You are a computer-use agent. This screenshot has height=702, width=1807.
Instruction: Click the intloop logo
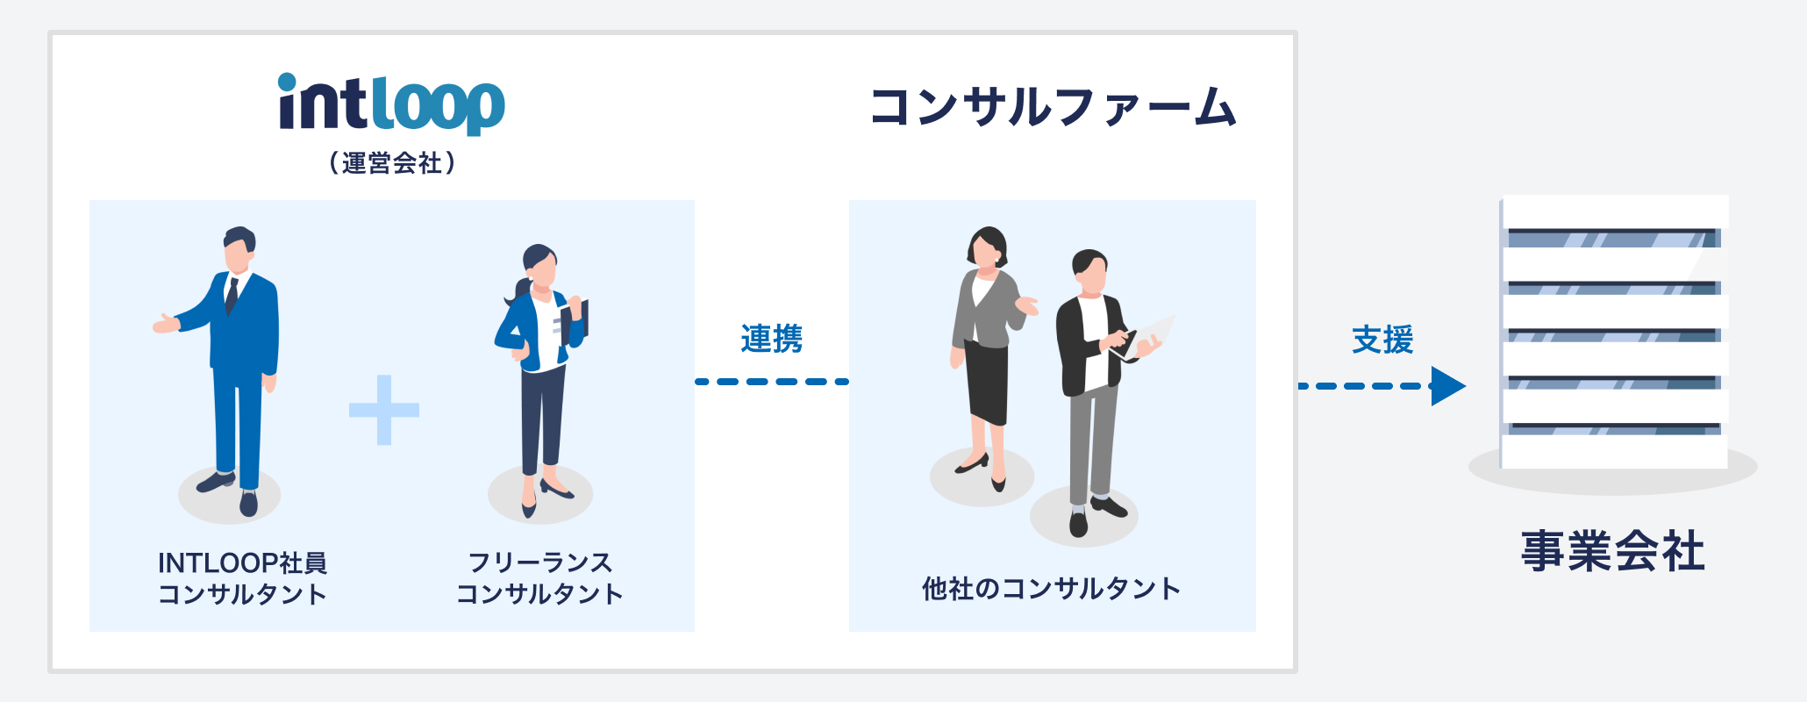click(391, 104)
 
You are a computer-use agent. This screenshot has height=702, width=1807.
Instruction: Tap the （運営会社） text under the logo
click(392, 163)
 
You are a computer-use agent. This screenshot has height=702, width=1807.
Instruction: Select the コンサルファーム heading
click(1053, 107)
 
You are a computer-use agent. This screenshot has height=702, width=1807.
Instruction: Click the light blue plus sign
click(384, 410)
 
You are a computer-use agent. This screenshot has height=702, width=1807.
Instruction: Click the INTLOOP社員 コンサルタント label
click(242, 578)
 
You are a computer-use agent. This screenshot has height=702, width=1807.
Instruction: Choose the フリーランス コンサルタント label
click(539, 578)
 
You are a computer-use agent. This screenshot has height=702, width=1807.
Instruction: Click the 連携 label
click(771, 339)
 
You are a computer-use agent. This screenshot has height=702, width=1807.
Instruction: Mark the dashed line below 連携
click(772, 382)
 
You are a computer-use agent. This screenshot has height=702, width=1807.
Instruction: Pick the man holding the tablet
click(1096, 390)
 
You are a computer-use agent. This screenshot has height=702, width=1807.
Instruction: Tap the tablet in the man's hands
click(1145, 337)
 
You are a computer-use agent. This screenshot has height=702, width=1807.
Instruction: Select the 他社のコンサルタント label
click(1051, 588)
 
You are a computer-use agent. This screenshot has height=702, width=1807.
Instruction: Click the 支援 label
click(1382, 340)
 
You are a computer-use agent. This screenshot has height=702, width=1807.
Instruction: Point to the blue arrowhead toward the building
click(1448, 386)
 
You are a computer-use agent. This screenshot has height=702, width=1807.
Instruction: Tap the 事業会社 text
click(1612, 551)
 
